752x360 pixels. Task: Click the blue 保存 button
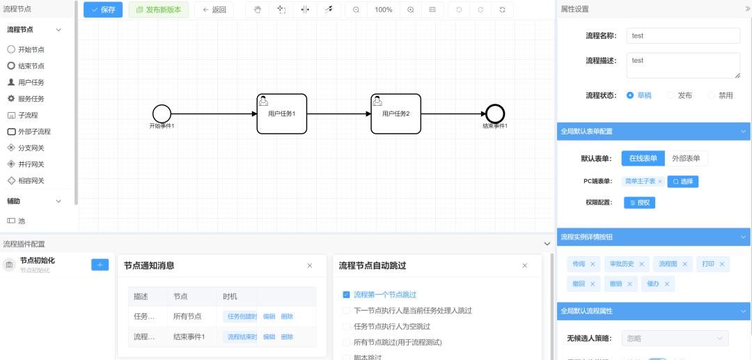click(x=103, y=10)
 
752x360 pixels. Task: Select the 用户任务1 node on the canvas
click(x=281, y=114)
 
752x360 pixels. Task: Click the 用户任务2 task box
click(x=395, y=114)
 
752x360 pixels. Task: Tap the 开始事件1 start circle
click(x=162, y=114)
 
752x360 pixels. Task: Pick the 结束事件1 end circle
click(x=495, y=114)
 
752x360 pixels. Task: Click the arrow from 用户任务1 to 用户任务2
click(x=338, y=114)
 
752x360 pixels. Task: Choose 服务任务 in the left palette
click(x=31, y=99)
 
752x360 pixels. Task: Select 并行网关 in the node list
click(x=31, y=164)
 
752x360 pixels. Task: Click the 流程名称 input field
click(x=682, y=36)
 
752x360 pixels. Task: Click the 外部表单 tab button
click(x=686, y=158)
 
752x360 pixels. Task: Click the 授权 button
click(x=639, y=203)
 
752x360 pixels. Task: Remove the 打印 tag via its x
click(x=722, y=264)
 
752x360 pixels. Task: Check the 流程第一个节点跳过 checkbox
click(x=347, y=295)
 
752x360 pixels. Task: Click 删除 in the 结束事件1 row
click(x=287, y=337)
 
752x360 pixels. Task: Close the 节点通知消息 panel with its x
click(x=310, y=265)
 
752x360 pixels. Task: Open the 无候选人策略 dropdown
click(x=674, y=338)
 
